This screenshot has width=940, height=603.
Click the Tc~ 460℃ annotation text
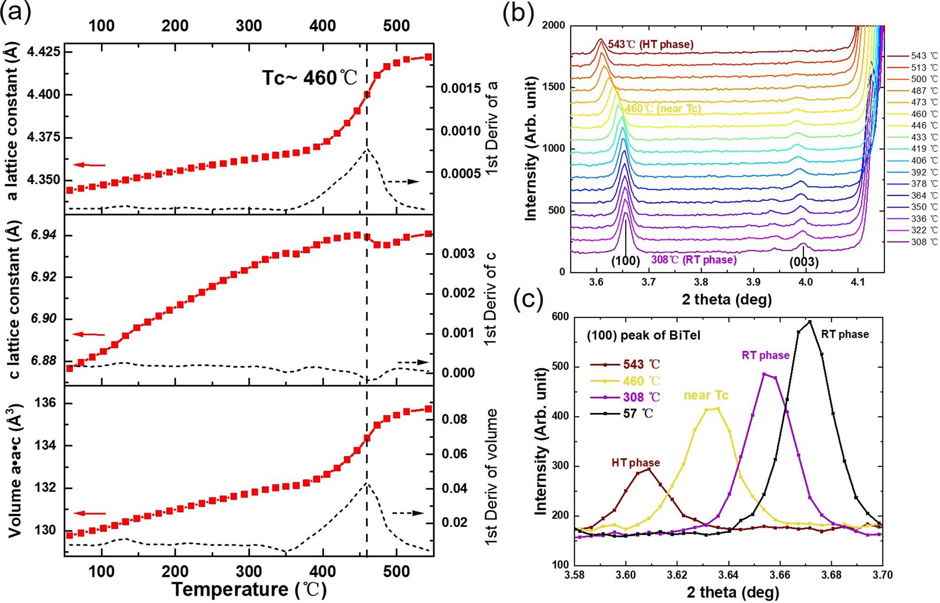(x=310, y=78)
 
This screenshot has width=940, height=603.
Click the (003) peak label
(x=804, y=262)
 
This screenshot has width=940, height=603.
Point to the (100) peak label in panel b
(x=626, y=261)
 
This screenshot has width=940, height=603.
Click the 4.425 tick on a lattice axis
(x=44, y=52)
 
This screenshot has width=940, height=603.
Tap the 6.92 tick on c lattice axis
(x=44, y=277)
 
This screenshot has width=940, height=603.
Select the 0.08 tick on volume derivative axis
(x=454, y=419)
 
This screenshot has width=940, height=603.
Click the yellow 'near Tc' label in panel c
(x=706, y=395)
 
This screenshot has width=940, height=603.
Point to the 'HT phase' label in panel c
(x=636, y=463)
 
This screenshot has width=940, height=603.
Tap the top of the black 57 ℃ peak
(x=809, y=322)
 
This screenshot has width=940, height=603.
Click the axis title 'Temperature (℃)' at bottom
(x=249, y=590)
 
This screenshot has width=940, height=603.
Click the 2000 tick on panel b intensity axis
(x=554, y=25)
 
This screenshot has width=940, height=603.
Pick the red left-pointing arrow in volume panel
(x=89, y=513)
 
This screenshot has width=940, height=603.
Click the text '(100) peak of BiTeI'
(x=643, y=336)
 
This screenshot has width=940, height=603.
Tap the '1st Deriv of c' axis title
(x=490, y=299)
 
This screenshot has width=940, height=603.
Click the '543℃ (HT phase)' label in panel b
(x=650, y=44)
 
